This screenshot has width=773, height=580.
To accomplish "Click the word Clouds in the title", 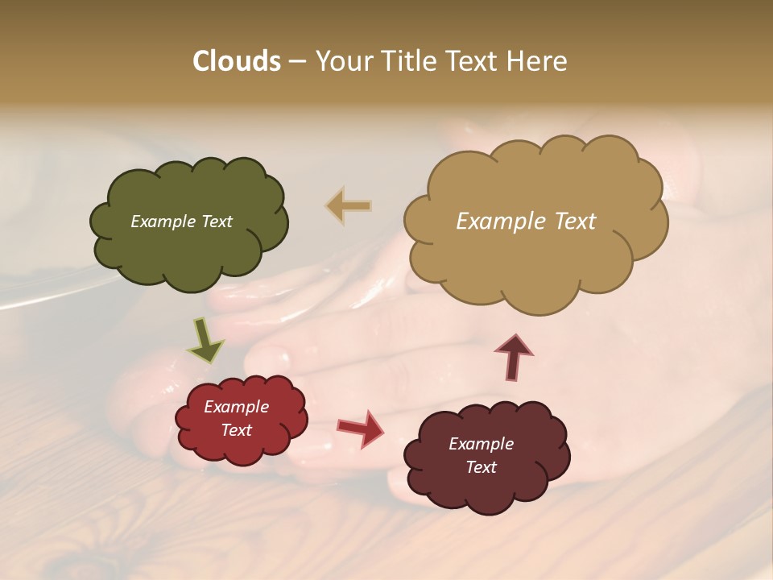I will pos(236,61).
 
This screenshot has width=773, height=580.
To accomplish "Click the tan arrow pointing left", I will pos(349,206).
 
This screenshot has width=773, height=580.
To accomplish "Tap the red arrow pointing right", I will pos(360,428).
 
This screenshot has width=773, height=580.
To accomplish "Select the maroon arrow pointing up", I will pos(514,357).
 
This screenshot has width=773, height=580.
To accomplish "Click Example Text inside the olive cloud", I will pos(181,222).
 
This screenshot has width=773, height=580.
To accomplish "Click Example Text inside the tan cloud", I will pos(526,222).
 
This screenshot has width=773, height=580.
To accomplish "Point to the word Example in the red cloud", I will pos(236,407).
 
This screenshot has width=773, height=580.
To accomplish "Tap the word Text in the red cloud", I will pos(236,430).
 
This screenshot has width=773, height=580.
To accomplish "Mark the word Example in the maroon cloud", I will pos(481,444).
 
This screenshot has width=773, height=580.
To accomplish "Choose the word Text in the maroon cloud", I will pos(481,467).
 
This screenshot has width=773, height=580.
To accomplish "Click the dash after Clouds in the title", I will pos(296,62).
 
